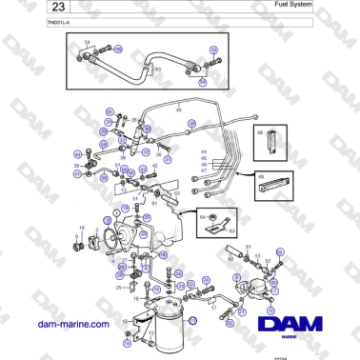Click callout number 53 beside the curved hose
click(158, 70)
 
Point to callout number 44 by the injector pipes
click(203, 152)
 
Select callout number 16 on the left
click(81, 228)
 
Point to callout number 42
click(153, 166)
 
